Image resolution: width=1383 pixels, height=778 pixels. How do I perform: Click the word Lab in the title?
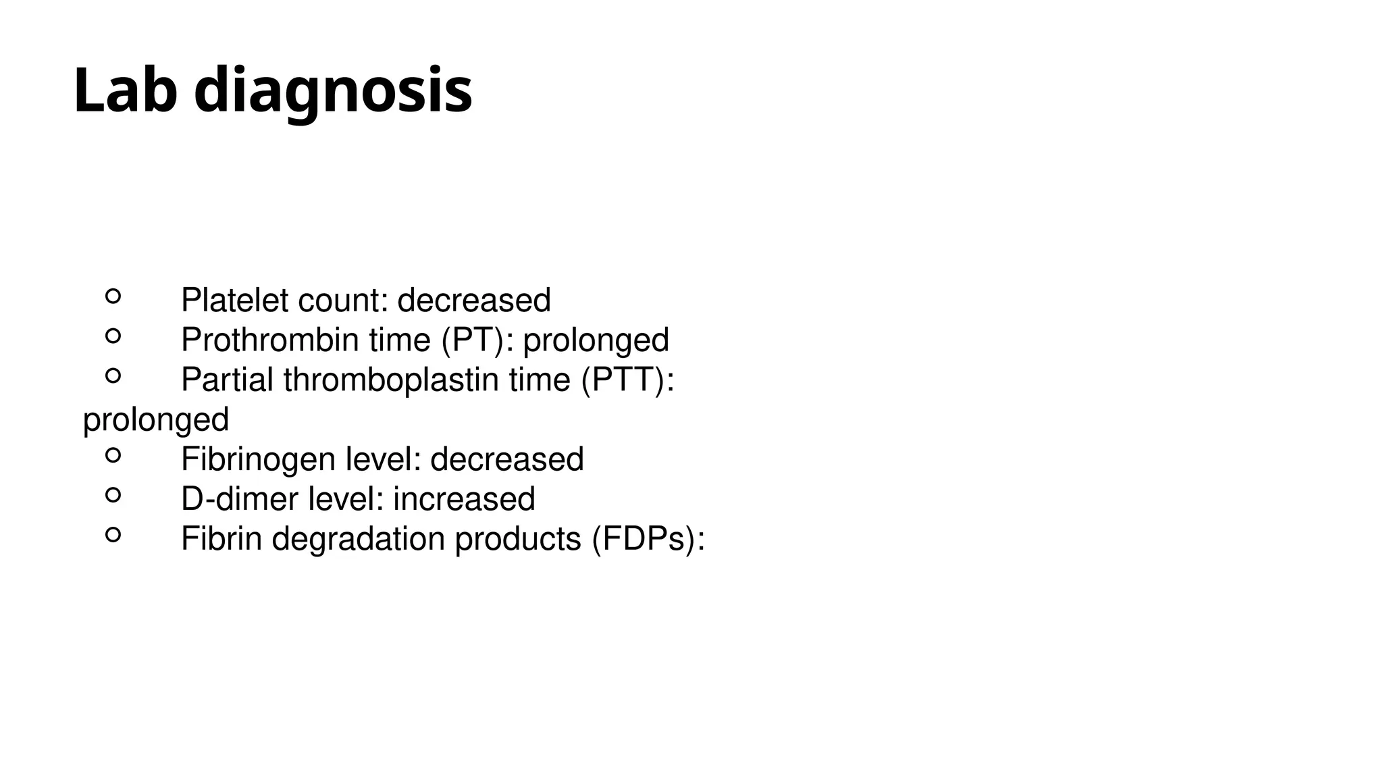point(124,90)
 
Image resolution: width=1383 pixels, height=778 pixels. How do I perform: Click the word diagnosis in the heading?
point(333,92)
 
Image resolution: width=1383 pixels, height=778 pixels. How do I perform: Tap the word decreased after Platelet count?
point(474,300)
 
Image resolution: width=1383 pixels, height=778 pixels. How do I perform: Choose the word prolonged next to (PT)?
point(596,340)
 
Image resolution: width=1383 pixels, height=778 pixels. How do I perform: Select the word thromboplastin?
point(393,380)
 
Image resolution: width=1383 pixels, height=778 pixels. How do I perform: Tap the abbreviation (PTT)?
point(627,380)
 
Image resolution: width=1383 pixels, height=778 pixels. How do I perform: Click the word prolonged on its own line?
point(156,420)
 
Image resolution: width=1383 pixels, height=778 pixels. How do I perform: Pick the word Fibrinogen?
point(258,460)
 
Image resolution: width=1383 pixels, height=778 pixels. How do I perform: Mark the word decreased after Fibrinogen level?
point(506,459)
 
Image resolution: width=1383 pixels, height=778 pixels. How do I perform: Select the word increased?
point(464,499)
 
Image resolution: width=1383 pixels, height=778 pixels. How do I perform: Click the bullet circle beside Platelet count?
point(113,296)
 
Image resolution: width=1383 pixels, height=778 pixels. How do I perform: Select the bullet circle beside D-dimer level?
point(113,495)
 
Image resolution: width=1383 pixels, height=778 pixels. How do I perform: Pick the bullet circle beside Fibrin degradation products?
point(113,535)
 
